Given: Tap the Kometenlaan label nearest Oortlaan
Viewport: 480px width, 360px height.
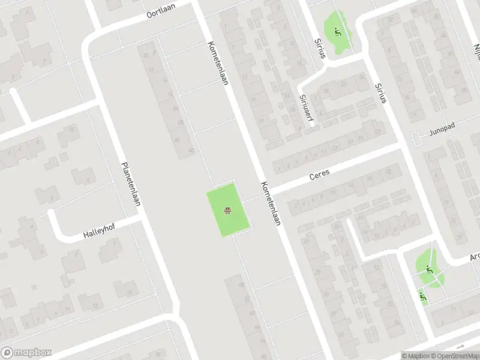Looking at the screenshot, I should pyautogui.click(x=218, y=63).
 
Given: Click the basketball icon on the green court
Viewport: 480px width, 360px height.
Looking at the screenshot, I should pyautogui.click(x=228, y=211).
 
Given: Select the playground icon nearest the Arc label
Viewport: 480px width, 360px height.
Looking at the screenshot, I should pyautogui.click(x=428, y=269).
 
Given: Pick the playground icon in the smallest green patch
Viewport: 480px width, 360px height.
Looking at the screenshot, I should pyautogui.click(x=423, y=295).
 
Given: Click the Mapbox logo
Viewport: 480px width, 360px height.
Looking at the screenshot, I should pyautogui.click(x=26, y=353).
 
